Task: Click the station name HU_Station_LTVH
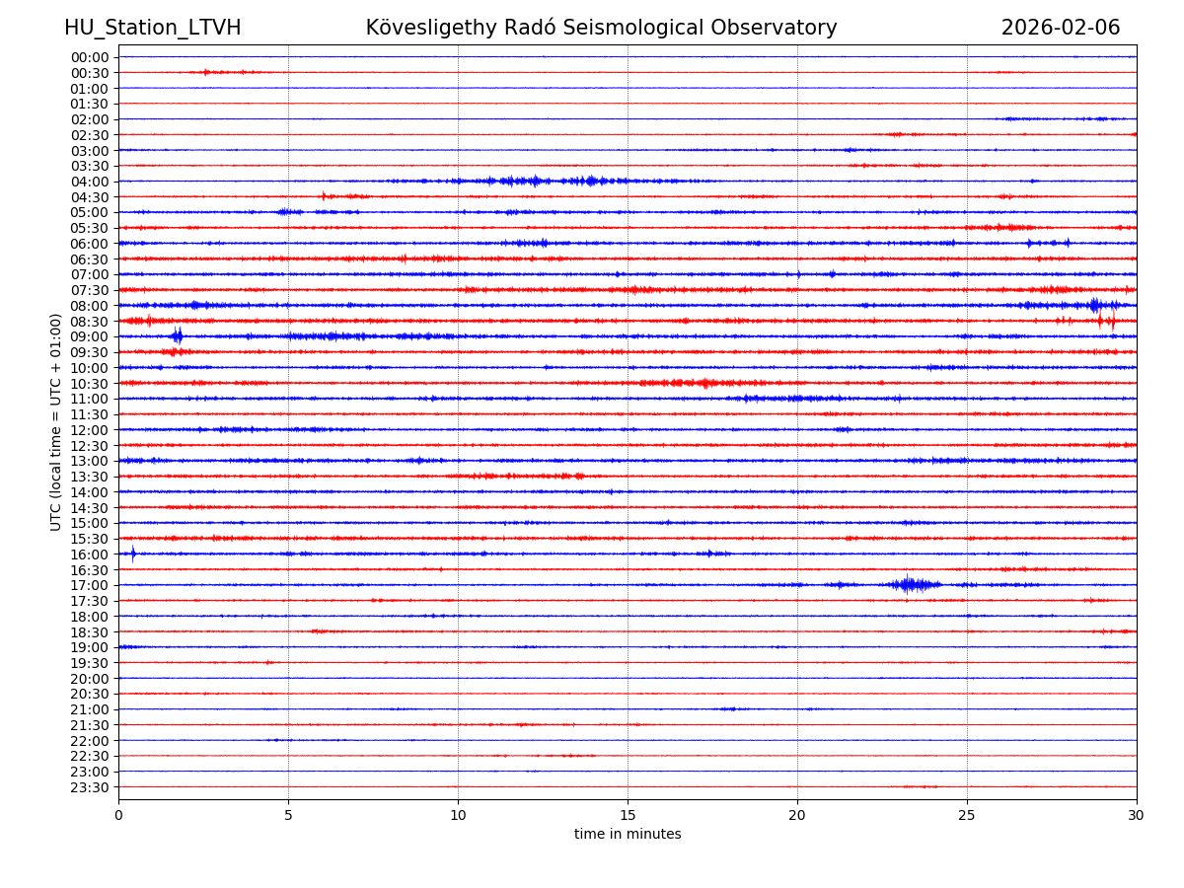[x=152, y=28]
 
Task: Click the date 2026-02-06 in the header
[x=1060, y=28]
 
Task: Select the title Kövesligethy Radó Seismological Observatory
[x=601, y=28]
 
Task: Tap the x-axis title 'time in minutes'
[x=628, y=834]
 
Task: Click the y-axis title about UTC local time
[x=56, y=421]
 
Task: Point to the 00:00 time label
[x=89, y=57]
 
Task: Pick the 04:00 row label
[x=89, y=182]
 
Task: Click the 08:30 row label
[x=89, y=322]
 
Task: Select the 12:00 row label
[x=89, y=430]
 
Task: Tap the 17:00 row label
[x=89, y=585]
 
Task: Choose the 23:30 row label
[x=89, y=787]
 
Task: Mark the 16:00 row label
[x=89, y=555]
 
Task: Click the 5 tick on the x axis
[x=288, y=814]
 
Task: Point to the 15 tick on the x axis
[x=628, y=814]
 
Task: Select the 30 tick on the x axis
[x=1137, y=814]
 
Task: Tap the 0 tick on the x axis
[x=118, y=814]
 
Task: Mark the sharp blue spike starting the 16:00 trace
[x=133, y=554]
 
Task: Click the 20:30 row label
[x=89, y=694]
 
